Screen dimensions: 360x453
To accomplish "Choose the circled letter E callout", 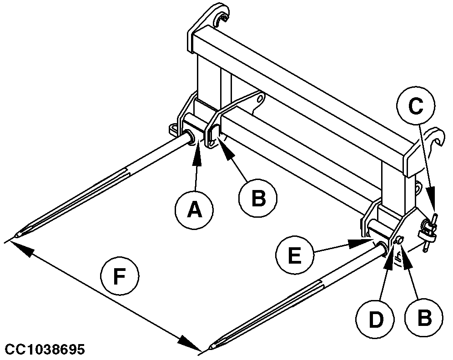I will click(295, 257).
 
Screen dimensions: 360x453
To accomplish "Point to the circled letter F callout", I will click(119, 276).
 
